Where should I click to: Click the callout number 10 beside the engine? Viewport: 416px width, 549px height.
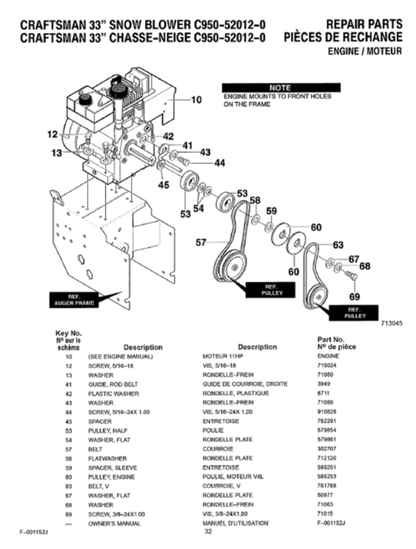[x=196, y=100]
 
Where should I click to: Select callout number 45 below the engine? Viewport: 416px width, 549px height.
[x=163, y=185]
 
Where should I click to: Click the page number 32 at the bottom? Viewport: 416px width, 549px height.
[x=208, y=532]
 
